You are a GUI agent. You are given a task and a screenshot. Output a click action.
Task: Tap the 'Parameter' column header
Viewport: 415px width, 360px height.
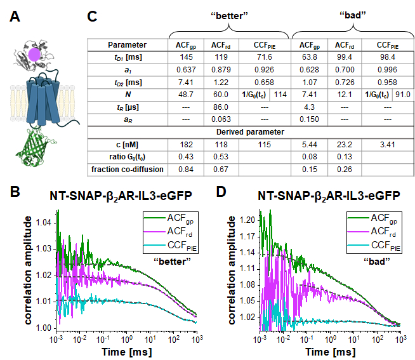[x=128, y=44]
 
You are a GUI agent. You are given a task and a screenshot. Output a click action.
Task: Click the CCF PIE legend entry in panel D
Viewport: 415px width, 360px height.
[x=380, y=244]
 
